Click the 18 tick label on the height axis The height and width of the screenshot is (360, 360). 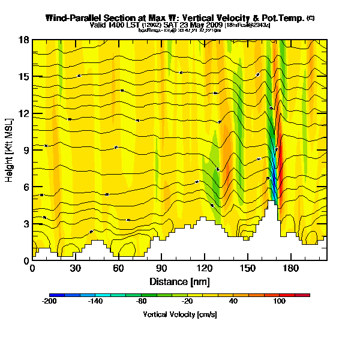point(25,40)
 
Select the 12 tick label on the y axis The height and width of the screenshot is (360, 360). point(25,113)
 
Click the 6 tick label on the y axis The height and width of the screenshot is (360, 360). point(26,187)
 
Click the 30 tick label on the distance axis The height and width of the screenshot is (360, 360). point(76,269)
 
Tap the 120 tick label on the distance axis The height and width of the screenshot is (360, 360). point(205,269)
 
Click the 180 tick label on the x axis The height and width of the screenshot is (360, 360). point(291,269)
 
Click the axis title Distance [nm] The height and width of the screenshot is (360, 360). point(179,281)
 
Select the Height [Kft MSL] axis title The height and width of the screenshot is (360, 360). point(10,150)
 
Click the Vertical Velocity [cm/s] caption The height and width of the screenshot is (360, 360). point(179,314)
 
